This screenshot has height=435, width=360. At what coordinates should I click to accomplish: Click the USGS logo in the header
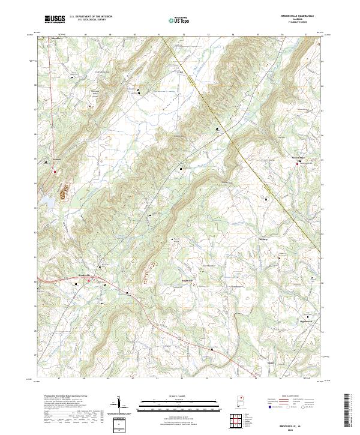point(55,19)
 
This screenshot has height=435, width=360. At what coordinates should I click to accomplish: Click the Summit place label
point(57,159)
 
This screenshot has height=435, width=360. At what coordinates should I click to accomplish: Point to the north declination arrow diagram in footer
point(122,406)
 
